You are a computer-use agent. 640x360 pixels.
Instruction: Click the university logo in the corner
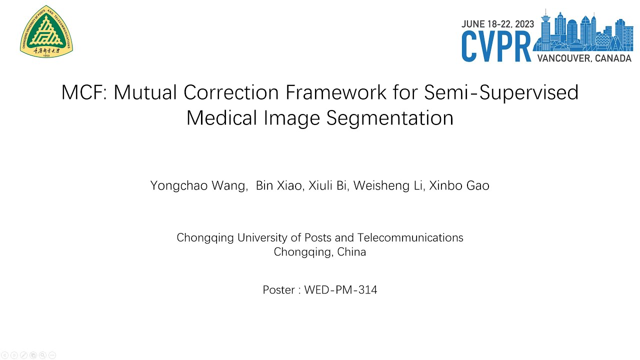point(46,31)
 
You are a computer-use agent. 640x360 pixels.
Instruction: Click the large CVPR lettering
point(496,46)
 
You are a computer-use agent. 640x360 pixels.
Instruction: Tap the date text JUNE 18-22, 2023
point(497,23)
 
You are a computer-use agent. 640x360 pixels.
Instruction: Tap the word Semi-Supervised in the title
point(501,92)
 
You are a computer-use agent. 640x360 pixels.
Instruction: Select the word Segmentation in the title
point(390,118)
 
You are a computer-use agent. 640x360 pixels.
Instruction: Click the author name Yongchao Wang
point(198,186)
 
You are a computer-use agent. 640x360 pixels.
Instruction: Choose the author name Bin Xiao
point(278,186)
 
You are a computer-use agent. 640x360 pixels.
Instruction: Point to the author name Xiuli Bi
point(328,186)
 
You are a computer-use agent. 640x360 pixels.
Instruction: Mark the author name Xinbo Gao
point(459,186)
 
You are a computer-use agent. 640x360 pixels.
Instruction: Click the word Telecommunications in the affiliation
point(410,237)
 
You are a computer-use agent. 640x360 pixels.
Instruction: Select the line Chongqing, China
point(320,252)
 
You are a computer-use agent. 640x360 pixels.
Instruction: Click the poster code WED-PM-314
point(340,289)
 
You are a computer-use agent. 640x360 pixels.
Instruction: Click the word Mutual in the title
point(146,92)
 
